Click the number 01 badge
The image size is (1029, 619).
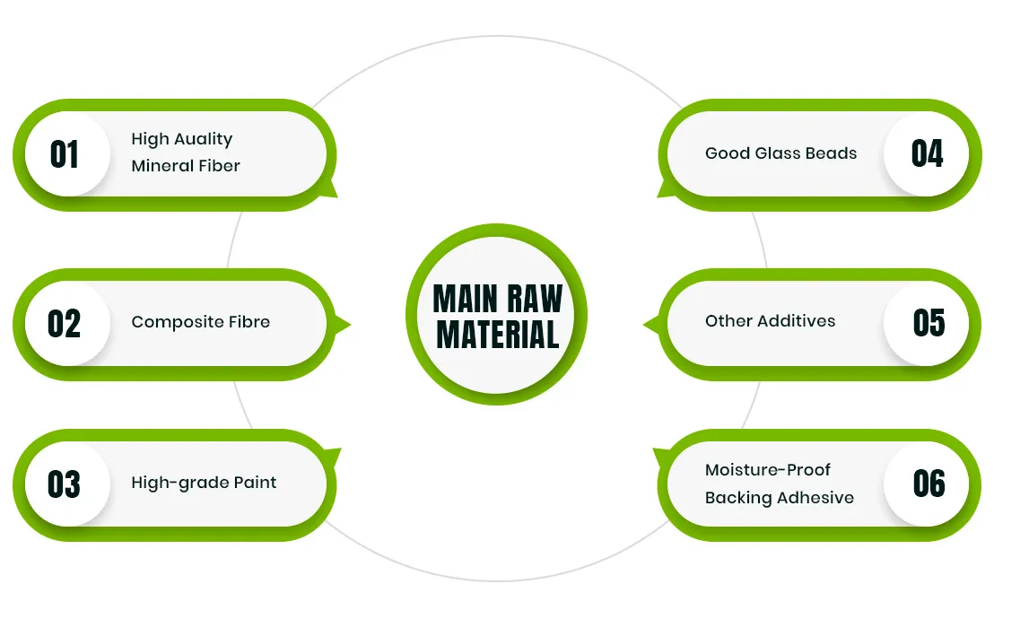click(x=65, y=154)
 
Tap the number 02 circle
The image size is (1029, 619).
click(x=65, y=323)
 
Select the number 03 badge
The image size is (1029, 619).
click(x=65, y=484)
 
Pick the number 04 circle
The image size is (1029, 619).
click(x=928, y=153)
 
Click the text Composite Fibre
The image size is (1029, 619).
click(x=200, y=322)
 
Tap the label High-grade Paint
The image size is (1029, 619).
click(x=204, y=483)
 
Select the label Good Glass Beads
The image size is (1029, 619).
click(x=780, y=153)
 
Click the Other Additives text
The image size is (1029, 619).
click(x=770, y=321)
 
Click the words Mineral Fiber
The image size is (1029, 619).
click(x=186, y=166)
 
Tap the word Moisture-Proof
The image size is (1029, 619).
click(x=768, y=470)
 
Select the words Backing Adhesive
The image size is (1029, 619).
click(x=779, y=498)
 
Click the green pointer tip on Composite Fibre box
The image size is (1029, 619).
click(x=344, y=324)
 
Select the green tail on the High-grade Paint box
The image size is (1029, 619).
click(x=333, y=455)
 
